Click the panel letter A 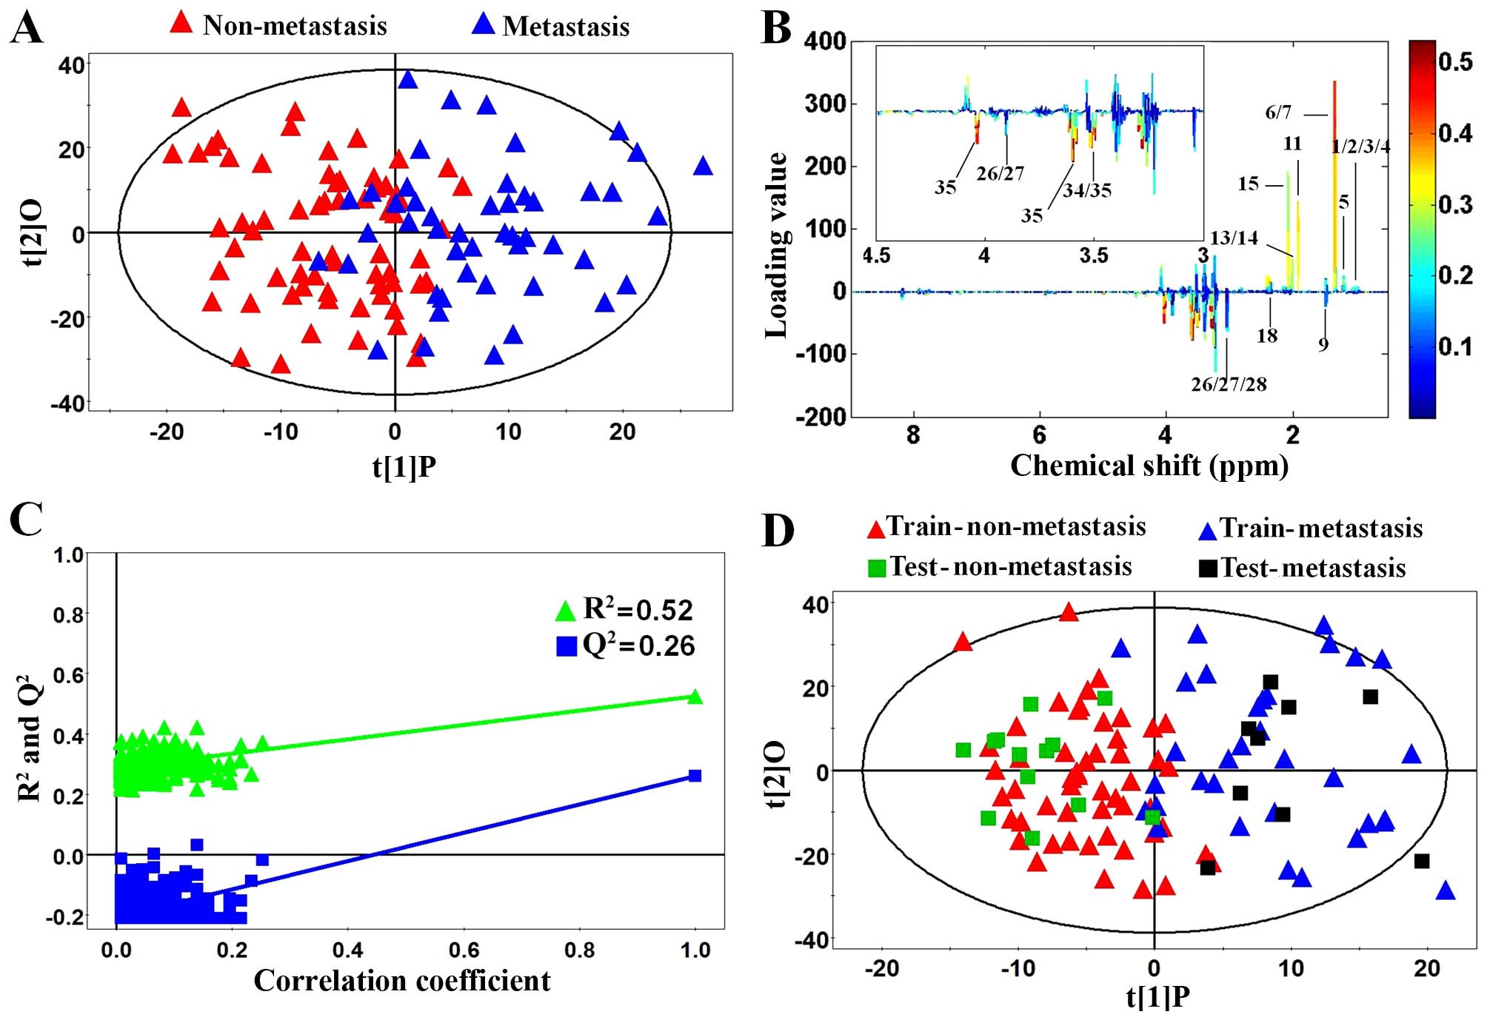tap(26, 29)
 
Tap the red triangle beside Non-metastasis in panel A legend tap(181, 23)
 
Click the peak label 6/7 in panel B tap(1278, 113)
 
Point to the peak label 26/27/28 tap(1229, 384)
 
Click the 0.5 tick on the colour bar tap(1455, 61)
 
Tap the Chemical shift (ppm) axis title tap(1149, 466)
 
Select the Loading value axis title tap(776, 246)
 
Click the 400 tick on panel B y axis tap(825, 41)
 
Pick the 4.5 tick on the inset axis tap(876, 256)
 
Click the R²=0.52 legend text tap(638, 609)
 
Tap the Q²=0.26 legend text tap(638, 645)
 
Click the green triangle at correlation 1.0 tap(695, 697)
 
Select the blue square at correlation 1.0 tap(695, 776)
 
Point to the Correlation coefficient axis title tap(402, 981)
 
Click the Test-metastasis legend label tap(1312, 568)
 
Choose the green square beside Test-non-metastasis tap(877, 568)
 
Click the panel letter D tap(778, 531)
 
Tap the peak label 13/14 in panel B tap(1234, 238)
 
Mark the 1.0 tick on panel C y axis tap(68, 554)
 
